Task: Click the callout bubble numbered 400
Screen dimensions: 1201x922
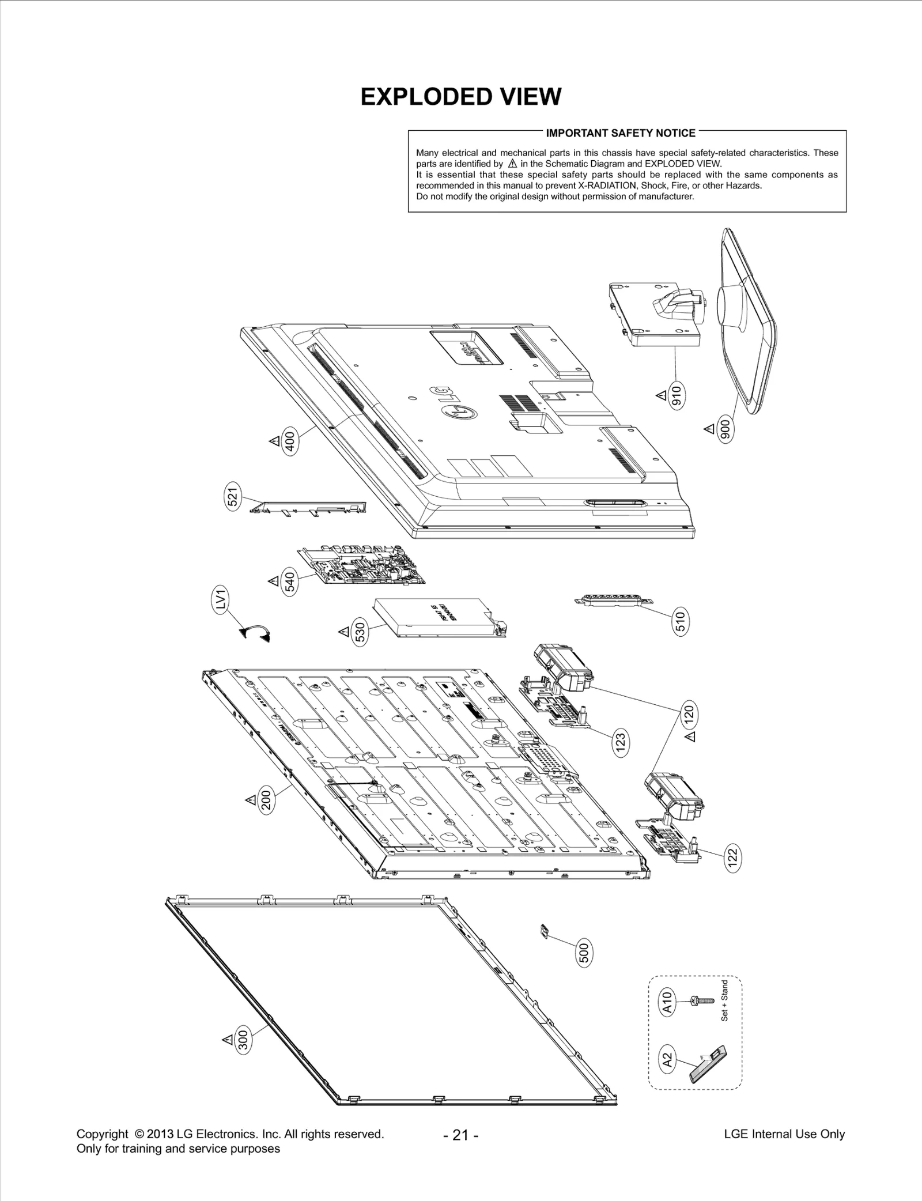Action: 290,443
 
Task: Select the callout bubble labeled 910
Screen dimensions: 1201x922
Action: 678,396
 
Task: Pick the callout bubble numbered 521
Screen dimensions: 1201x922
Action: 232,496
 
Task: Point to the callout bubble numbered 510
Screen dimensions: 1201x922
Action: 681,621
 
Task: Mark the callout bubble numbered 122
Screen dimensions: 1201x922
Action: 733,858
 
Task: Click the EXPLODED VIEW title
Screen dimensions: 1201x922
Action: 460,97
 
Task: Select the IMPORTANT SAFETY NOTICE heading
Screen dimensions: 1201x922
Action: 621,133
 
